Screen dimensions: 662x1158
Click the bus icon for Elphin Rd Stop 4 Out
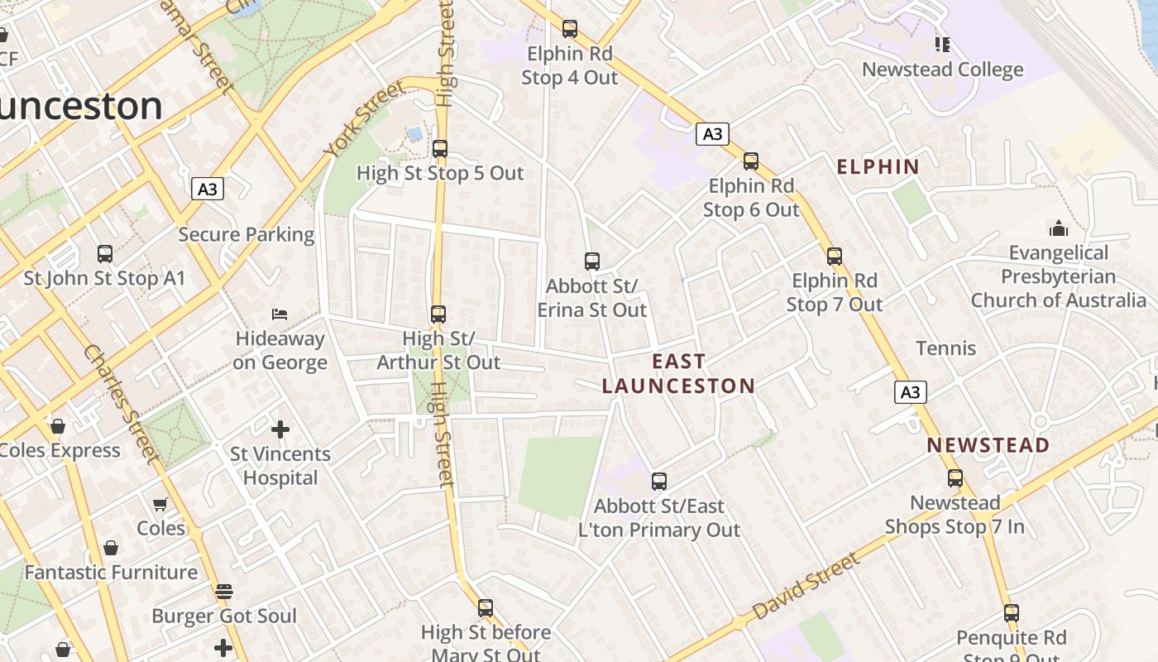(x=570, y=29)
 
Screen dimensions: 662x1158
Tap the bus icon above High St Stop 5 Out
(x=440, y=149)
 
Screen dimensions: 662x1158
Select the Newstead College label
(x=942, y=70)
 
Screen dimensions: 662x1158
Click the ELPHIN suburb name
(x=878, y=166)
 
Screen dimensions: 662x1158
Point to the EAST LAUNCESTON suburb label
(x=678, y=373)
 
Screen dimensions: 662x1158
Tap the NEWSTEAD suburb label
(x=988, y=445)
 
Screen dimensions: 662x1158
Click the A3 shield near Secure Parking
(x=208, y=189)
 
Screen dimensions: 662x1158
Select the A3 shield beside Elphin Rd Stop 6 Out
(x=711, y=134)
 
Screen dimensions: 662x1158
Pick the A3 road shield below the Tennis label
(x=910, y=392)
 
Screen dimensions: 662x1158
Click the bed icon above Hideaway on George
(x=280, y=314)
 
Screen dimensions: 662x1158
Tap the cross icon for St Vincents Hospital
(x=280, y=429)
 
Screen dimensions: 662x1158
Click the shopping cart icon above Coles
(x=160, y=504)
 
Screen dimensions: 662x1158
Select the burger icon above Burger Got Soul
(x=223, y=592)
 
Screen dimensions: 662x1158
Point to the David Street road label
(x=806, y=587)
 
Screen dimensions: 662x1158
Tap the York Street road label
(x=363, y=120)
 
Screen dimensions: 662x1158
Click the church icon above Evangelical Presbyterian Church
(x=1058, y=228)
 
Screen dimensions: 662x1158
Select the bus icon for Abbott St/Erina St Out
(x=592, y=261)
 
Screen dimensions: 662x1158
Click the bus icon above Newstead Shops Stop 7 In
(x=955, y=478)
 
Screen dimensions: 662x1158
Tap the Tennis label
(x=945, y=348)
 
